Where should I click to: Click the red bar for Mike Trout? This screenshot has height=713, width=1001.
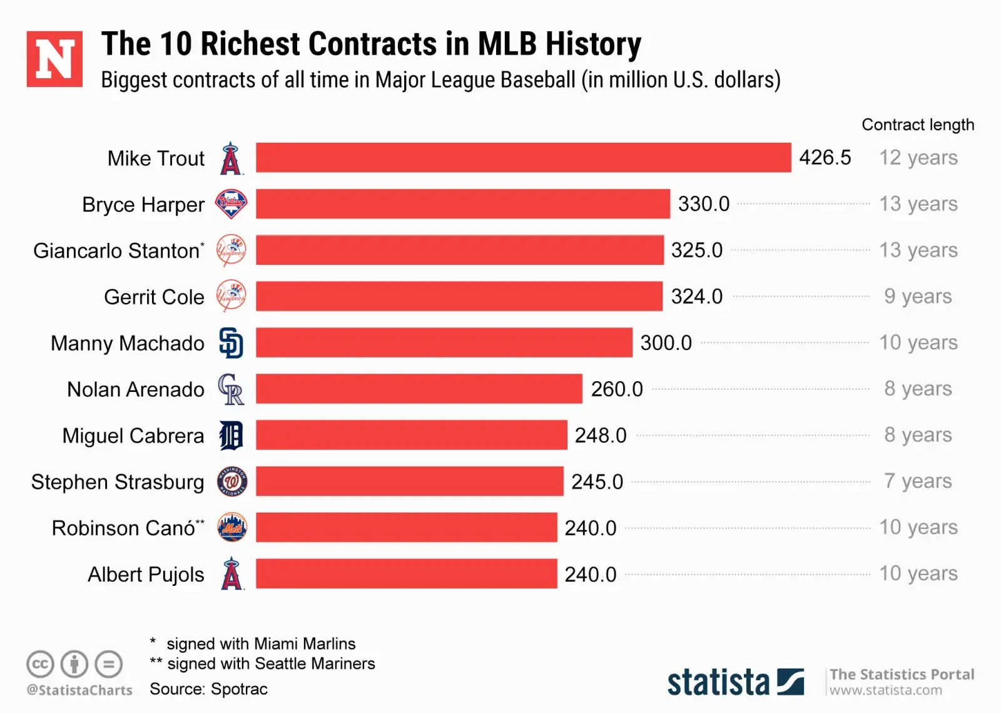coord(523,158)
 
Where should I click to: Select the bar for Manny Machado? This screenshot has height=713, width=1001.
coord(444,342)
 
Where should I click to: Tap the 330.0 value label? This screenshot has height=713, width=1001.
coord(704,204)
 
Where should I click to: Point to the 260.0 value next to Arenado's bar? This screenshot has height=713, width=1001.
coord(617,389)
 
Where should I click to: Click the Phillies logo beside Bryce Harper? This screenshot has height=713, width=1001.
coord(231,204)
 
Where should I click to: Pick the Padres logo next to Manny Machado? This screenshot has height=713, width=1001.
coord(231,342)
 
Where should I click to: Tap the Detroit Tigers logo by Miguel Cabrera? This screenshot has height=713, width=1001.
coord(231,436)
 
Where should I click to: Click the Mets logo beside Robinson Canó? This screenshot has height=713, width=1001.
coord(231,528)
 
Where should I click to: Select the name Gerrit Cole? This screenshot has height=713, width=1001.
coord(154,297)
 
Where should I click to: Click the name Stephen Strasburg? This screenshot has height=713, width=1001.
coord(118,482)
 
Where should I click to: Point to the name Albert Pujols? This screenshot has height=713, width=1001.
coord(146,575)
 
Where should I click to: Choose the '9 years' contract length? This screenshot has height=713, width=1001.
coord(918,296)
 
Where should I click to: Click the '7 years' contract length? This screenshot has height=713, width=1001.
coord(918,481)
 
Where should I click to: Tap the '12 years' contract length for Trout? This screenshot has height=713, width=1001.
coord(918,158)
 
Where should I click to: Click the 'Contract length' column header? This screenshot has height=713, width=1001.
coord(918,125)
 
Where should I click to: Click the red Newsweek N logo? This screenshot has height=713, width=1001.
coord(54,59)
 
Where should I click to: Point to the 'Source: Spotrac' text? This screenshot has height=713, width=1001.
coord(208,689)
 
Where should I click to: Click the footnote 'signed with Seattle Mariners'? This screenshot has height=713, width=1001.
coord(271,664)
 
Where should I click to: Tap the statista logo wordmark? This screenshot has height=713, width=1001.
coord(718,682)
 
